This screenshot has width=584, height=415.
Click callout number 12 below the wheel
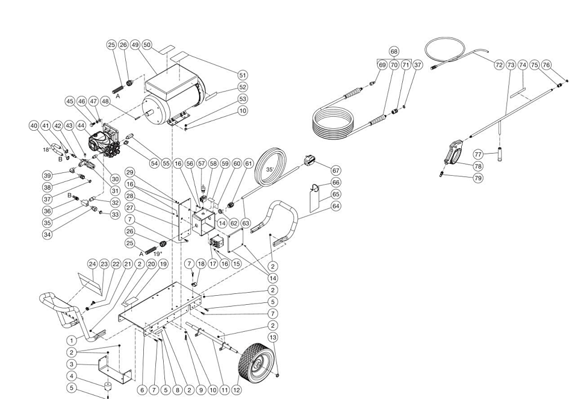coord(237,390)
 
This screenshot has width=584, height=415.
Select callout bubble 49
coord(135,45)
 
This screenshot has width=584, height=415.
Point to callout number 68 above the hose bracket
coord(394,51)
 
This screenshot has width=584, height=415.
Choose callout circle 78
coord(478,166)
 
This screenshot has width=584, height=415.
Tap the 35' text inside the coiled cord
coord(270,169)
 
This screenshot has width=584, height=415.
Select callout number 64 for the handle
coord(337,206)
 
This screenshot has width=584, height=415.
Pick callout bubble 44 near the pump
coord(81,125)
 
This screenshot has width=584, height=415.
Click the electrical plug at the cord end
coord(310,160)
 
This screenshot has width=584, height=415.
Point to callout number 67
coord(337,170)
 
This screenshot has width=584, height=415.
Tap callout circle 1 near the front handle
coord(72,340)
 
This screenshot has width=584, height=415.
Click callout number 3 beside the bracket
coord(72,364)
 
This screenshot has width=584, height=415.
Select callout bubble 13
coord(273,337)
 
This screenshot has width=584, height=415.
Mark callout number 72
coord(499,65)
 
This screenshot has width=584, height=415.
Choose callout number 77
coord(478,154)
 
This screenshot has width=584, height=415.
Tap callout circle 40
coord(34,125)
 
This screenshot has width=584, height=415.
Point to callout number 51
coord(243,75)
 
